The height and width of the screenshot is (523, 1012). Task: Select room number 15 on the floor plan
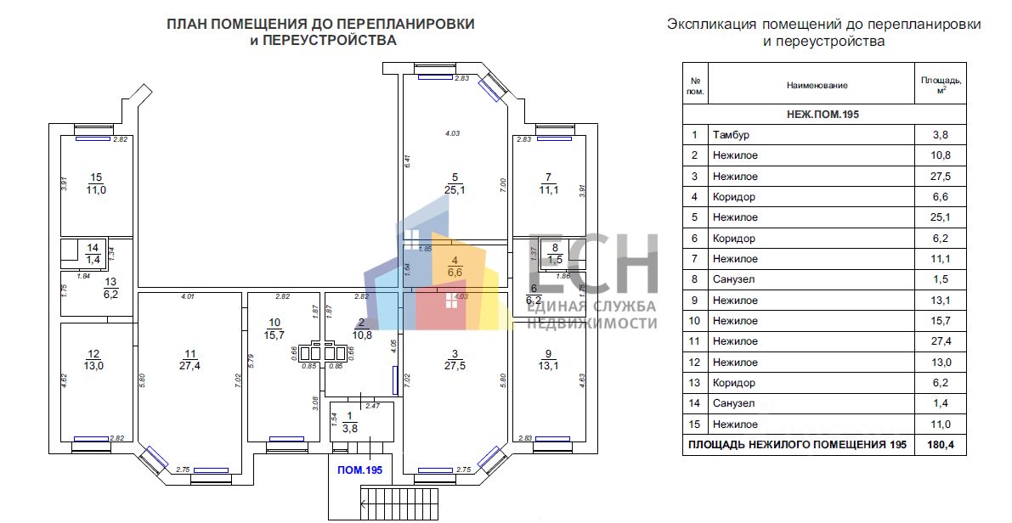coord(96,177)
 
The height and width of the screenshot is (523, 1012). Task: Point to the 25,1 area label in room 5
coord(456,189)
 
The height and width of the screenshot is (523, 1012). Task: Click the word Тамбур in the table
coord(732,135)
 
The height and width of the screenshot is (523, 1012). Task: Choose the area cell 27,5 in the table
coord(940,177)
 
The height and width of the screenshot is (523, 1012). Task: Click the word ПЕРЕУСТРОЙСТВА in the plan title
coord(325,41)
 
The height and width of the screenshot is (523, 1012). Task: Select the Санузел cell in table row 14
coord(734,404)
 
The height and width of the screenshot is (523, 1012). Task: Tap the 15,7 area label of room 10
coord(274,335)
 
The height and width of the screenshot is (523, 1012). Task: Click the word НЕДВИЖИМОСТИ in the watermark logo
coord(591,323)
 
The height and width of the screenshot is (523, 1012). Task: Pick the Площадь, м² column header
coord(940,85)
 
